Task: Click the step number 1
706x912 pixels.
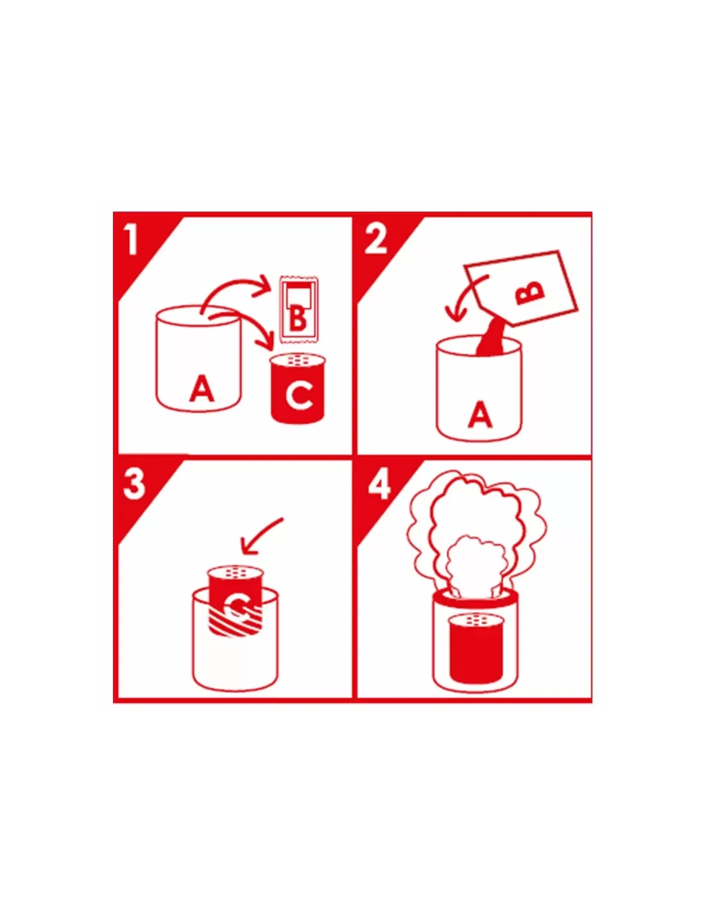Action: (132, 239)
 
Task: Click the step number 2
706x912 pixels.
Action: (376, 239)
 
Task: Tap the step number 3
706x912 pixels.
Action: (133, 484)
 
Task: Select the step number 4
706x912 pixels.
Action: (379, 484)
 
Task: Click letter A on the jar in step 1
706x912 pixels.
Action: (202, 389)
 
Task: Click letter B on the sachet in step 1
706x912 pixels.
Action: (298, 318)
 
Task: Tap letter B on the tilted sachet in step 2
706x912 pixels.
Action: (530, 292)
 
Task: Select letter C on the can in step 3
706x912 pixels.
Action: (236, 605)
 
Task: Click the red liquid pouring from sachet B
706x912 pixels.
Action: (492, 338)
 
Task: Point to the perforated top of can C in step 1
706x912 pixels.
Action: (297, 360)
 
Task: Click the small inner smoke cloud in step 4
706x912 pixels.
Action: (475, 564)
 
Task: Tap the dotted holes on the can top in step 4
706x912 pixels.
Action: (476, 619)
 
